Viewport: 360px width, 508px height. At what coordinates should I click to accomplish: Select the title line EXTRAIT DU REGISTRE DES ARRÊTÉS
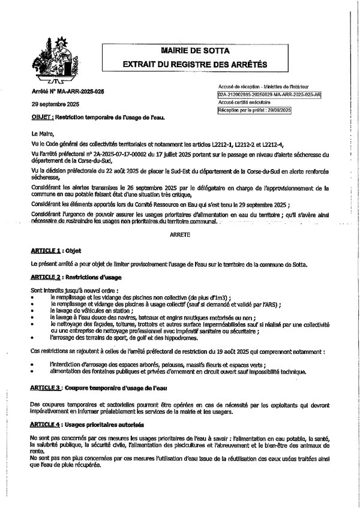[x=194, y=64]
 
